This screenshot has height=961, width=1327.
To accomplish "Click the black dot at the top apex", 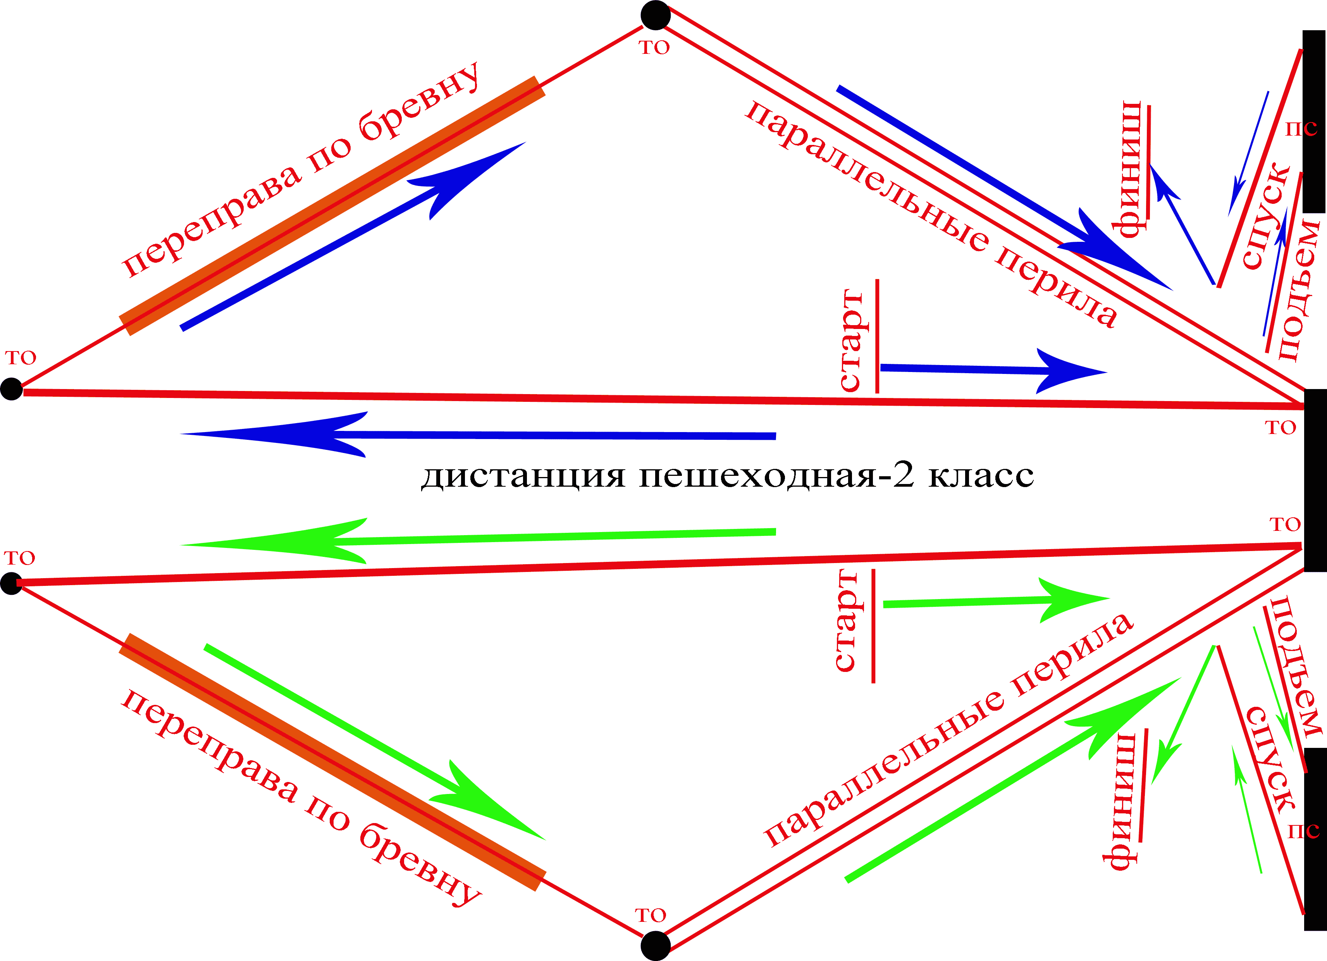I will click(655, 15).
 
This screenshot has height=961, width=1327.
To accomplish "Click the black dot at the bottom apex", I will click(655, 946).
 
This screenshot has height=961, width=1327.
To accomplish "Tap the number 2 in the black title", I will click(904, 475).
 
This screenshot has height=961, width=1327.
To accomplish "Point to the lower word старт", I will click(846, 620).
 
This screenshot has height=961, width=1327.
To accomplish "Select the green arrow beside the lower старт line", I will click(995, 601).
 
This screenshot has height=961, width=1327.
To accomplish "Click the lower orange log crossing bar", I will click(332, 761).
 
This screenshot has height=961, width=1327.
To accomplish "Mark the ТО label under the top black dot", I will click(654, 47).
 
